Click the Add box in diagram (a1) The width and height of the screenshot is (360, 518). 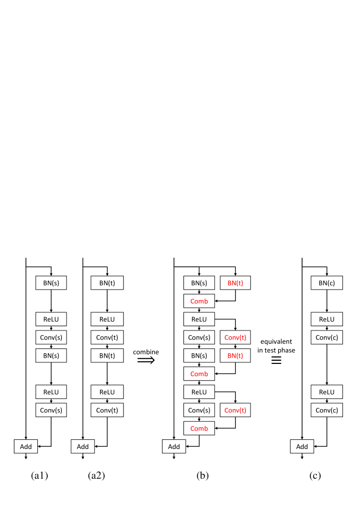26,446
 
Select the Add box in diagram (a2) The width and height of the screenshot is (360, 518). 82,446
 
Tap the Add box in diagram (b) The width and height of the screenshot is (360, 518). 174,446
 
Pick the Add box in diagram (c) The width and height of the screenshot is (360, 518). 302,446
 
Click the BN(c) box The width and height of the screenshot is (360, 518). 326,283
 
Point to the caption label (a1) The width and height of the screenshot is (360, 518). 40,475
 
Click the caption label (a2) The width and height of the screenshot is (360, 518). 96,475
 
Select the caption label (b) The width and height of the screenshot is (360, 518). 202,475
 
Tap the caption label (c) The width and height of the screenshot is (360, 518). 315,475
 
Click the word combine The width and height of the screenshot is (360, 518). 146,352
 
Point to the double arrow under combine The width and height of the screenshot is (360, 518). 146,360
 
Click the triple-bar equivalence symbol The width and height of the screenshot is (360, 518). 276,360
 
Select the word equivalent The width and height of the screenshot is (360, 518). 276,342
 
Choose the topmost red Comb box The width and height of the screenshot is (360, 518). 199,301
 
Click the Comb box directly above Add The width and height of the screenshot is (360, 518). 199,428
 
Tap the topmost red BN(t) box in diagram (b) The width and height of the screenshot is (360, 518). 236,283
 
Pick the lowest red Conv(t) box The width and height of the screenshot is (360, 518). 236,410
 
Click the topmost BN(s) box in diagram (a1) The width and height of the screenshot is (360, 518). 51,283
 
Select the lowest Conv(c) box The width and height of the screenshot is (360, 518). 326,410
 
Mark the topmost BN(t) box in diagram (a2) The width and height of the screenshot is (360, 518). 107,283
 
